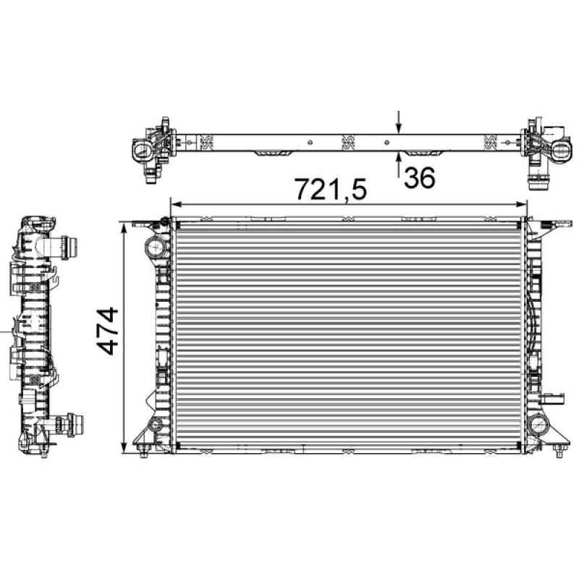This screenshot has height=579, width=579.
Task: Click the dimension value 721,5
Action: tap(331, 190)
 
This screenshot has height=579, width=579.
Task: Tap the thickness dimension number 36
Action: tap(420, 177)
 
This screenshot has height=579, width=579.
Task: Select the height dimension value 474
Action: tap(107, 331)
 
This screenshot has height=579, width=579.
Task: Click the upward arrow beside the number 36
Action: tap(399, 164)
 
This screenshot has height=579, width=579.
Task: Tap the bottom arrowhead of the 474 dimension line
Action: tap(127, 444)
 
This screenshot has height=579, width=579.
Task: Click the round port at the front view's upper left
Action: tap(156, 248)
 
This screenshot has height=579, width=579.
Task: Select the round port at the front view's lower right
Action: tap(538, 425)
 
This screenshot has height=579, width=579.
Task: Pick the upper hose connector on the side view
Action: tap(70, 247)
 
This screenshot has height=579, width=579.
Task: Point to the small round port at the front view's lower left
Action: tap(154, 423)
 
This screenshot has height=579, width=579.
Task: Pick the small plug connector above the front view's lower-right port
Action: tap(555, 398)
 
